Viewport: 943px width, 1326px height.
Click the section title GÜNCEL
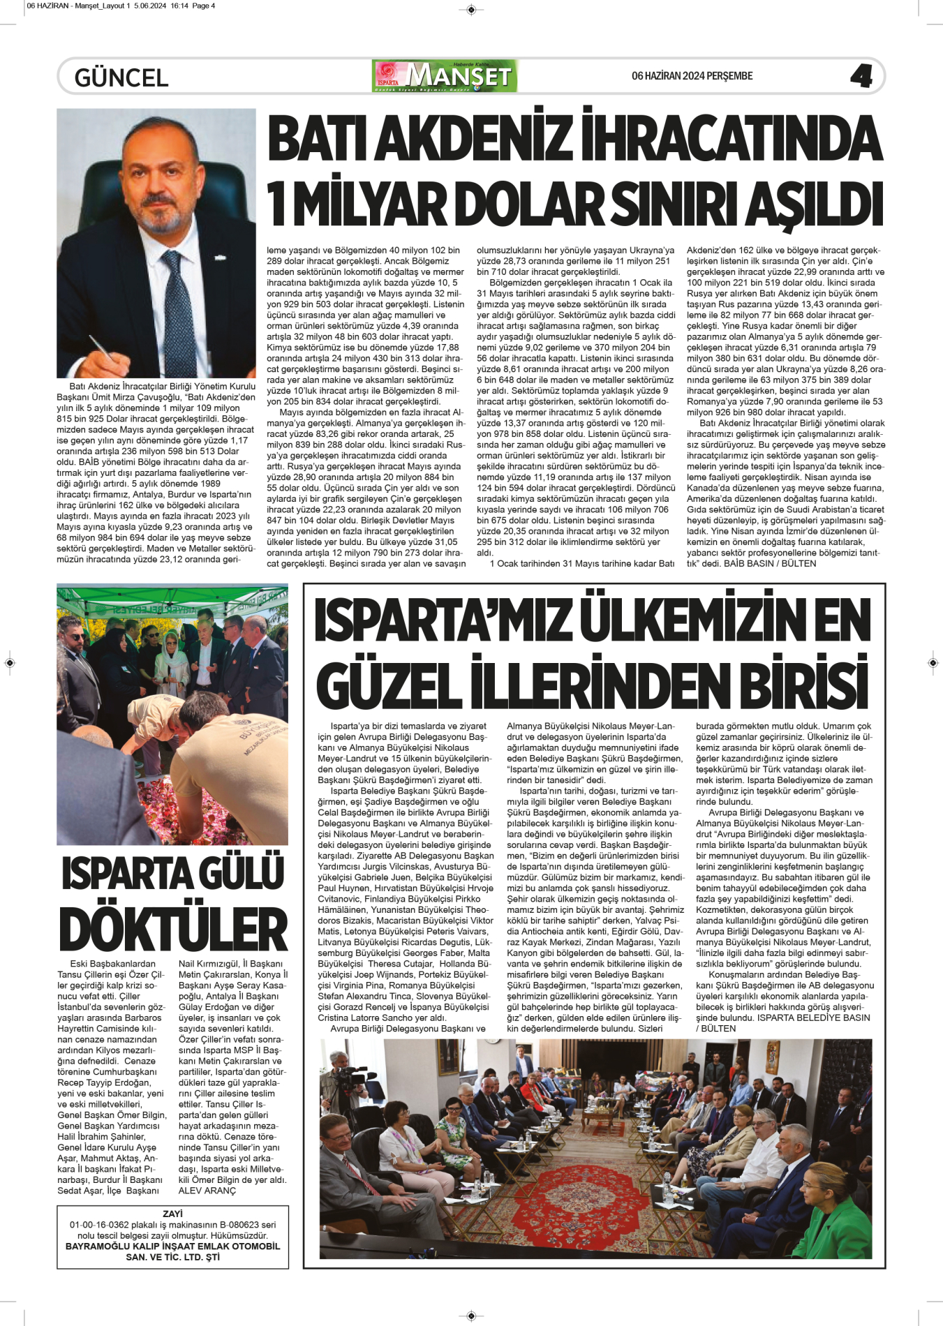click(121, 77)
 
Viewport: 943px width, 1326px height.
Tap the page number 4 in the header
click(861, 76)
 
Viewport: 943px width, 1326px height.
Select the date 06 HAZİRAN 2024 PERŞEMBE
click(692, 76)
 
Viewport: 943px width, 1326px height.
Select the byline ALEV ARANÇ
click(207, 1191)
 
